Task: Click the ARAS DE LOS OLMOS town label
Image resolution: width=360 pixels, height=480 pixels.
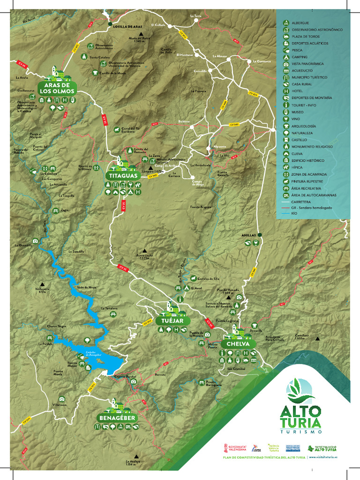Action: (x=57, y=88)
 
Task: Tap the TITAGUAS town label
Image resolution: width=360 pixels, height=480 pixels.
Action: (x=123, y=175)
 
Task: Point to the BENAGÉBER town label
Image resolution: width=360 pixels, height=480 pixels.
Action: (x=117, y=417)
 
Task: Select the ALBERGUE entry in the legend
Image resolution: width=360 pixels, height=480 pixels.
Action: (x=300, y=22)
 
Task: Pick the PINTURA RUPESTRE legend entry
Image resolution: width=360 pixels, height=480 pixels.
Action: (x=309, y=181)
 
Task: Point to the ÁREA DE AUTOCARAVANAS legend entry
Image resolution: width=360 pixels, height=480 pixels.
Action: (x=314, y=195)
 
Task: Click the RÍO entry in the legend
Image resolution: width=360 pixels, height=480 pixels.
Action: (x=294, y=213)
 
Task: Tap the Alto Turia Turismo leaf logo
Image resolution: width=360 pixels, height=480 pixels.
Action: (x=300, y=391)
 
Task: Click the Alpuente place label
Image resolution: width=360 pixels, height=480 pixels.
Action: (x=219, y=147)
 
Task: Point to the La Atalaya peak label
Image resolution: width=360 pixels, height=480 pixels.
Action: (x=133, y=463)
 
